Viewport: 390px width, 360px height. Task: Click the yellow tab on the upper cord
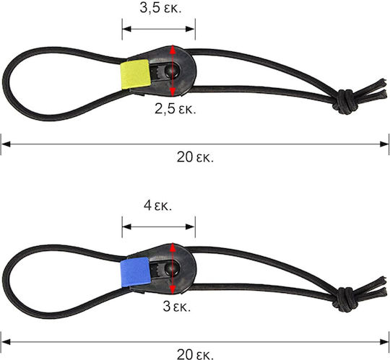135,74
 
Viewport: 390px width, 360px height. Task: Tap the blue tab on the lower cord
135,272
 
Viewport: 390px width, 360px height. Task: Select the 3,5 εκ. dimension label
160,8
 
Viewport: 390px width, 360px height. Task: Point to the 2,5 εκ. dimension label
175,109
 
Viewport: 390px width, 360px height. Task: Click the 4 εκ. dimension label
157,206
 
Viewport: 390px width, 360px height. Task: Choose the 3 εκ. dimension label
177,307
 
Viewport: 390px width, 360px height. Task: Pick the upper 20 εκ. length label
195,157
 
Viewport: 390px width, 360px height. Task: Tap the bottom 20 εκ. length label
195,354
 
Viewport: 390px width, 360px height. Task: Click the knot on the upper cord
345,102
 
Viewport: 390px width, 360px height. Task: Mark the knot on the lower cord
345,299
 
